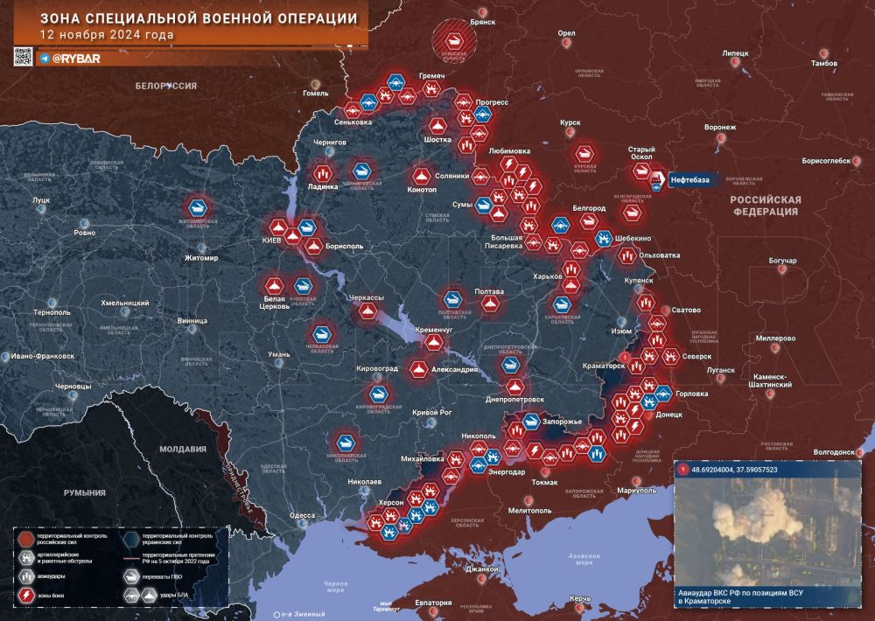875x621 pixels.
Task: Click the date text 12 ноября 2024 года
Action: [x=106, y=35]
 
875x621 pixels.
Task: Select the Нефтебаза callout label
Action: [x=689, y=180]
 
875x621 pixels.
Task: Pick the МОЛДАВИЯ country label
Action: [x=183, y=449]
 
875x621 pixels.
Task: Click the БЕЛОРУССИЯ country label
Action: [x=165, y=86]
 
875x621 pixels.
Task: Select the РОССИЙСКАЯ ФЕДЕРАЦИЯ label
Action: [x=766, y=206]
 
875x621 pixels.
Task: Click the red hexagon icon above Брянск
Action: [x=455, y=39]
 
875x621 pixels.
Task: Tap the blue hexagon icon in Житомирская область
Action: [x=199, y=208]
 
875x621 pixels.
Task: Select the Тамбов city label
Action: [x=823, y=64]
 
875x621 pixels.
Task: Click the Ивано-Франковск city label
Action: [x=42, y=357]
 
